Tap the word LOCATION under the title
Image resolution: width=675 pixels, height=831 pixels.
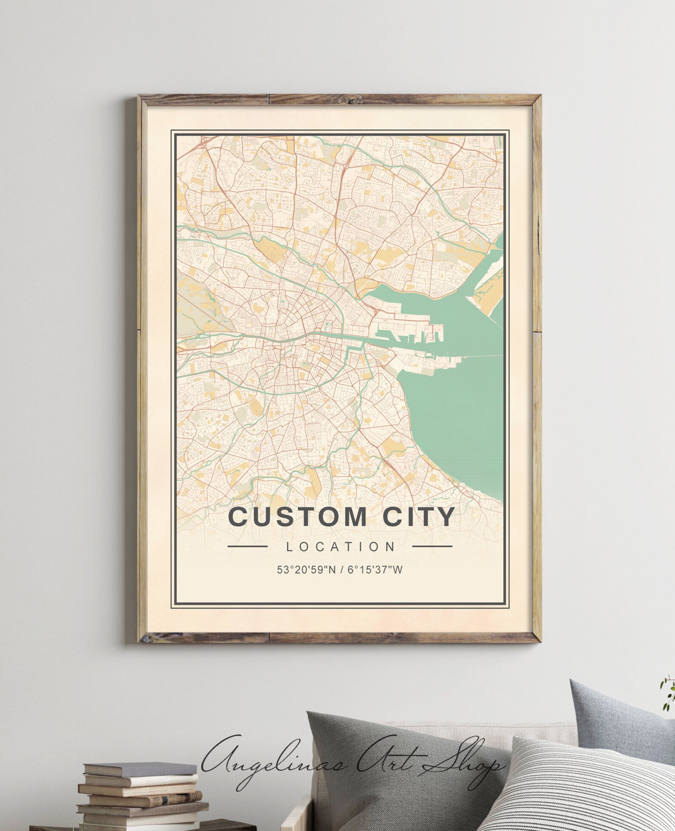coord(341,546)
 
